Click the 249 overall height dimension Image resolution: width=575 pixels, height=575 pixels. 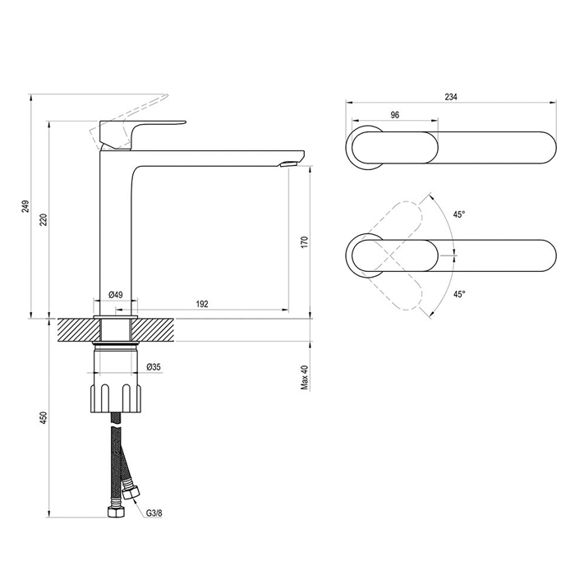coord(25,207)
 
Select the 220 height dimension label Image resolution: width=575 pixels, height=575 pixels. coord(44,219)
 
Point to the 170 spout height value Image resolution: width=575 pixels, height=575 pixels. coord(305,242)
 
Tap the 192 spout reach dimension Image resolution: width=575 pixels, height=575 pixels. coord(202,304)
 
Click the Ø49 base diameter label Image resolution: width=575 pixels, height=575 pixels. coord(116,294)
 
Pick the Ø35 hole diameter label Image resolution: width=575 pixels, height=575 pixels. coord(154,367)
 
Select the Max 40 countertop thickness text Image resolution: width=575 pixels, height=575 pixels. coord(305,377)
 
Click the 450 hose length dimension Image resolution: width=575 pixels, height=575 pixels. coord(44,418)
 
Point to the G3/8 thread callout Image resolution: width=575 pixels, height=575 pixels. coord(154,513)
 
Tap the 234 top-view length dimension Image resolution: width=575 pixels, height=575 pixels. coord(451,97)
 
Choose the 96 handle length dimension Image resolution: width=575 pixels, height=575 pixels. coord(394,115)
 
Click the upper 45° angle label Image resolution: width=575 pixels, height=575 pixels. coord(458,214)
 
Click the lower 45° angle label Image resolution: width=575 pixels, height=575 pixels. coord(458,294)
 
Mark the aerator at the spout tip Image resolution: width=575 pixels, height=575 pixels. coord(290,164)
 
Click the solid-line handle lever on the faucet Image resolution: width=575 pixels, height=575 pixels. coord(142,134)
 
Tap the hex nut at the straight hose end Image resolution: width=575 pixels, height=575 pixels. coord(116,512)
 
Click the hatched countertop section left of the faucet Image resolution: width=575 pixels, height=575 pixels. coord(79,330)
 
